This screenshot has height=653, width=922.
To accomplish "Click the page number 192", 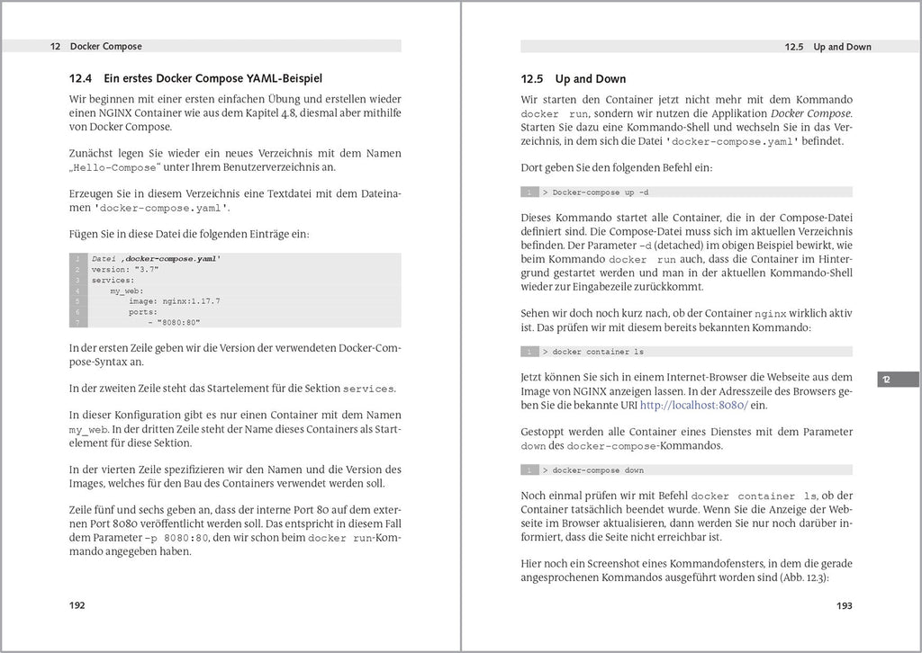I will point(77,605).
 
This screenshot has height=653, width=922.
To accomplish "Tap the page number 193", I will point(844,605).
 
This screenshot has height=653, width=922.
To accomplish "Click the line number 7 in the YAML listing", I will point(78,323).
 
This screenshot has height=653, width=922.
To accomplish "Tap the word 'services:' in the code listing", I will point(113,280).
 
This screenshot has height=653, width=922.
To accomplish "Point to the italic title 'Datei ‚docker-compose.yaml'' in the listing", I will point(156,258).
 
